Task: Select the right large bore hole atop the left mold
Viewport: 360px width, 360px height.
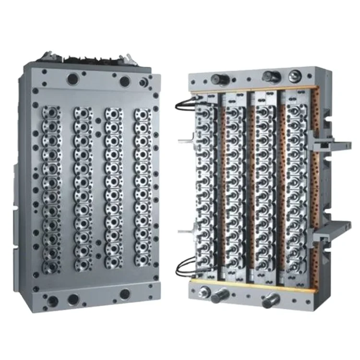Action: pos(124,81)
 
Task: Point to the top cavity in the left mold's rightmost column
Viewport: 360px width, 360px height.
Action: pos(142,115)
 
